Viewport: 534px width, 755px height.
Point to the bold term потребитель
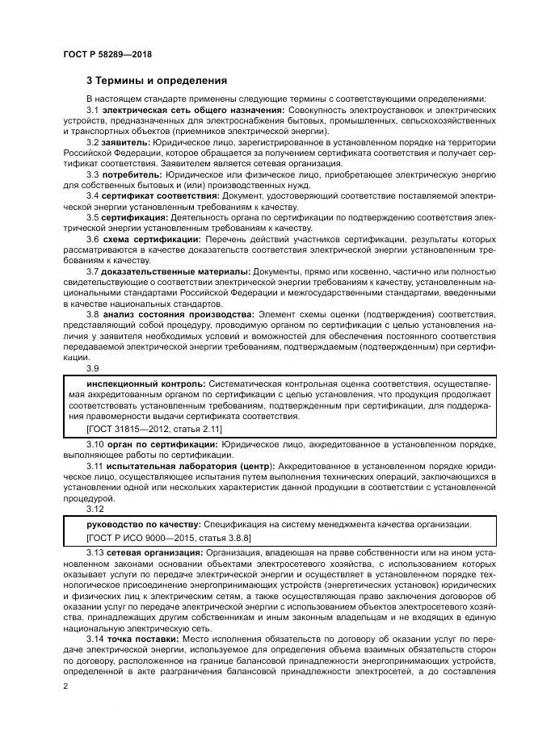coord(132,174)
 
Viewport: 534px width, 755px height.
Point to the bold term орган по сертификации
coord(151,444)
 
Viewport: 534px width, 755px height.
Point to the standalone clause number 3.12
coord(95,509)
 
